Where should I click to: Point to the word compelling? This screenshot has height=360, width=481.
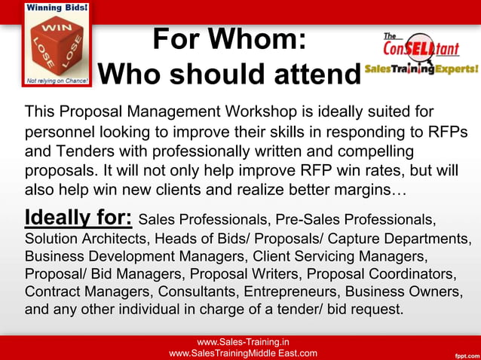tap(412, 150)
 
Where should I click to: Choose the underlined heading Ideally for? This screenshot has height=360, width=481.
tap(78, 218)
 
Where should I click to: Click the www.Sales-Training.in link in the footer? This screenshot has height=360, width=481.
tap(243, 341)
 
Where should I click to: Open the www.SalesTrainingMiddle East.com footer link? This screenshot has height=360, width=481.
tap(243, 352)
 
